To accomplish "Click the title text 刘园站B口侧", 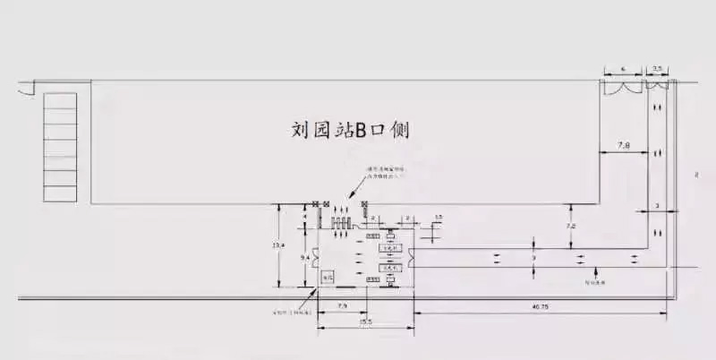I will [351, 130].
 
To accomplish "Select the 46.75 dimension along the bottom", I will [540, 307].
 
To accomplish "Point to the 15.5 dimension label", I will [365, 321].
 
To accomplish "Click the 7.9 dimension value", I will [342, 307].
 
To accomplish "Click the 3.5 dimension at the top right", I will [658, 68].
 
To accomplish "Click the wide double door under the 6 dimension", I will [621, 87].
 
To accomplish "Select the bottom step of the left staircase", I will [61, 193].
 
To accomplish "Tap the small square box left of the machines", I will [328, 279].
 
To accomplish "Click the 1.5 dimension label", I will [438, 218].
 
